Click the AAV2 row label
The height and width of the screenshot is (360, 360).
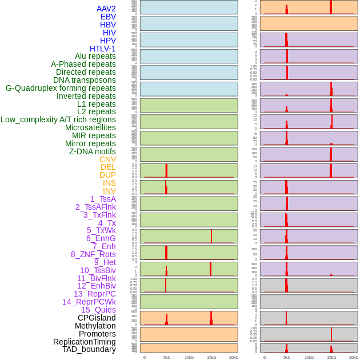point(106,9)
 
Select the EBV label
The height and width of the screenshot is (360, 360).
point(107,17)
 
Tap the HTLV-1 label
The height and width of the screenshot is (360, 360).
point(102,49)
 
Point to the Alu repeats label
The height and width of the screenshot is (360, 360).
point(95,56)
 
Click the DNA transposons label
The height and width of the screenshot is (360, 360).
point(85,80)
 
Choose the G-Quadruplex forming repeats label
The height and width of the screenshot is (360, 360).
point(61,88)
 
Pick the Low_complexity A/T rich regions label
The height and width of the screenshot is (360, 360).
point(58,119)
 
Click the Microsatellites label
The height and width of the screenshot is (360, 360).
point(90,127)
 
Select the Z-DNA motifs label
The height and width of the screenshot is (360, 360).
point(92,151)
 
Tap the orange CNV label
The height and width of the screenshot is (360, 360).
point(107,159)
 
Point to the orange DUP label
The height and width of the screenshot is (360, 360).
point(107,175)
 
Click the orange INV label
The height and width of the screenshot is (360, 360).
point(109,191)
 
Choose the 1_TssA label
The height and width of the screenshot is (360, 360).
point(103,199)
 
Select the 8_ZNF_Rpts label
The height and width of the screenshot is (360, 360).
point(93,254)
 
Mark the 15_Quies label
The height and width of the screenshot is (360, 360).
point(98,310)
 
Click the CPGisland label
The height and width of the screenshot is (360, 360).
point(97,318)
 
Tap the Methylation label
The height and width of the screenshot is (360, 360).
point(95,326)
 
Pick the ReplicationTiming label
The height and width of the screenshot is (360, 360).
point(84,342)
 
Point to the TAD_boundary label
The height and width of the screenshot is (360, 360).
point(89,349)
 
